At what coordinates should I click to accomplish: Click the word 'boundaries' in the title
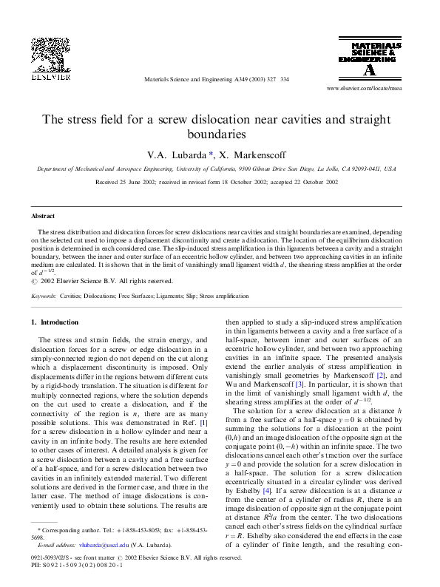220,135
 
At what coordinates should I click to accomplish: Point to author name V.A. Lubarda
177,155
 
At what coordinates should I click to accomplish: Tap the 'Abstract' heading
42,216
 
